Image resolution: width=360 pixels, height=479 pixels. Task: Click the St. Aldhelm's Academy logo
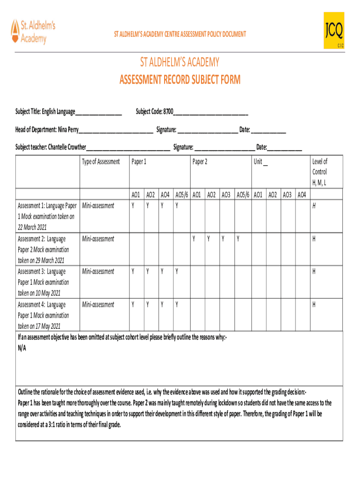[33, 31]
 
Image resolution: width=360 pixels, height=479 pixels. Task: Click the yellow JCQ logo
[333, 31]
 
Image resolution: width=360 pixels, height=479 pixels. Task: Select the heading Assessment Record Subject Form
[180, 80]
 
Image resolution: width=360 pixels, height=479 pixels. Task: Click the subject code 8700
[168, 111]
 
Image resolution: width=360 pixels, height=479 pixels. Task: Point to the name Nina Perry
[68, 130]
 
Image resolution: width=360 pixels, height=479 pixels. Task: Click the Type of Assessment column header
[101, 162]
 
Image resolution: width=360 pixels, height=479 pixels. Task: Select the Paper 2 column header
[200, 162]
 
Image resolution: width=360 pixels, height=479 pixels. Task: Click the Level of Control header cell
[320, 172]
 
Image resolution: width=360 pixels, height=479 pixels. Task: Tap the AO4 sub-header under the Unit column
[302, 195]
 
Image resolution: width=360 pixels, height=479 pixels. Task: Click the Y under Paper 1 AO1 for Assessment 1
[133, 206]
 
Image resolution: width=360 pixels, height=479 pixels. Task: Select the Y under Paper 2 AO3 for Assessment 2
[223, 239]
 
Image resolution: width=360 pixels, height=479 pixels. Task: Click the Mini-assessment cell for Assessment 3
[98, 271]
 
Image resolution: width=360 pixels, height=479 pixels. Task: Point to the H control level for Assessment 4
[314, 305]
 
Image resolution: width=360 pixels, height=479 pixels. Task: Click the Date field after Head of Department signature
[268, 130]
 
